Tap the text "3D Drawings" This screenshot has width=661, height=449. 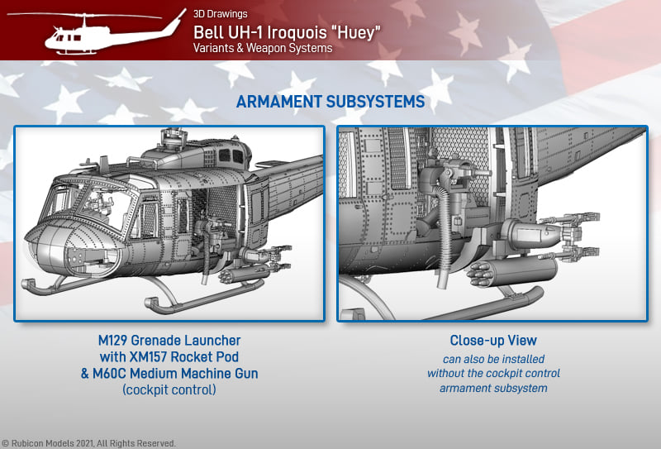tap(221, 13)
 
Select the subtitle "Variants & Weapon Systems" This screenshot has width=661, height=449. tap(263, 48)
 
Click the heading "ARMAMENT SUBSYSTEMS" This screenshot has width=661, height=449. tap(330, 102)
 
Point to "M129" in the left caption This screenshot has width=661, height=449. tap(112, 340)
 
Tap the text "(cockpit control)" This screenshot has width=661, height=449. tap(169, 390)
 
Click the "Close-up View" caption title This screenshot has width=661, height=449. tap(493, 340)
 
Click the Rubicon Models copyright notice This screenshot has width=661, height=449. tap(88, 443)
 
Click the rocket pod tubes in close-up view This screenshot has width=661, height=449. tap(479, 275)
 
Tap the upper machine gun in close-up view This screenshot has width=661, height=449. tap(569, 219)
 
